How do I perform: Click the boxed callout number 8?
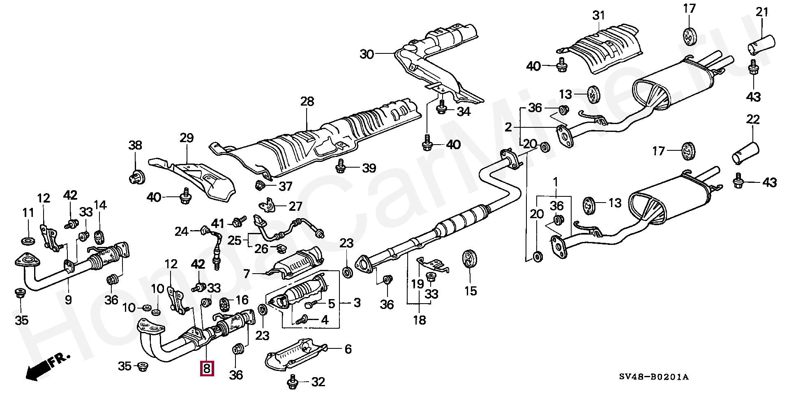pyautogui.click(x=206, y=368)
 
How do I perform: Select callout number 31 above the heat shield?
pyautogui.click(x=599, y=16)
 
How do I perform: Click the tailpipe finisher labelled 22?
pyautogui.click(x=746, y=153)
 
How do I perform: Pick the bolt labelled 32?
pyautogui.click(x=293, y=382)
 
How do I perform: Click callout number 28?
pyautogui.click(x=307, y=101)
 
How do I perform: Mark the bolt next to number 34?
pyautogui.click(x=442, y=108)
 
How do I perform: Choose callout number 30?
pyautogui.click(x=367, y=54)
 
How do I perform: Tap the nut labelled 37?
pyautogui.click(x=260, y=185)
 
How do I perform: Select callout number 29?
pyautogui.click(x=187, y=138)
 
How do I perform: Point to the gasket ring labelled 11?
pyautogui.click(x=28, y=240)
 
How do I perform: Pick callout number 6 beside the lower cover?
pyautogui.click(x=348, y=349)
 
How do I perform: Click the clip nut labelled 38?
pyautogui.click(x=136, y=178)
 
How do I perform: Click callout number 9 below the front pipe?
pyautogui.click(x=68, y=300)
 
